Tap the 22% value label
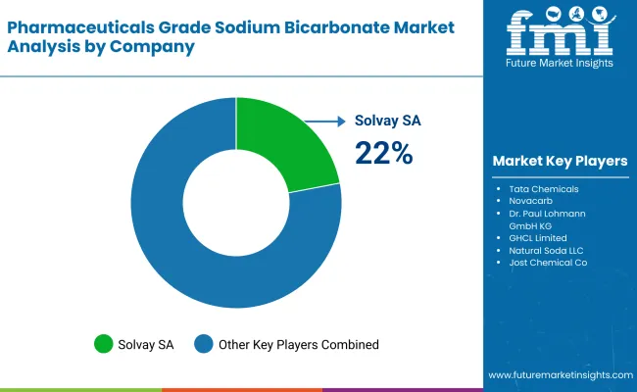coord(383,153)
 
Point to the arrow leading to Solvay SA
coord(323,122)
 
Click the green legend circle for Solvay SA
coord(103,344)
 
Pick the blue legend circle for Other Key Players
coord(204,344)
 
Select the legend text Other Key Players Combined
coord(299,344)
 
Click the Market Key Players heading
coord(560,161)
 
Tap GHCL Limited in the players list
coord(537,237)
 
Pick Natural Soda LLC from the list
coord(546,250)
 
